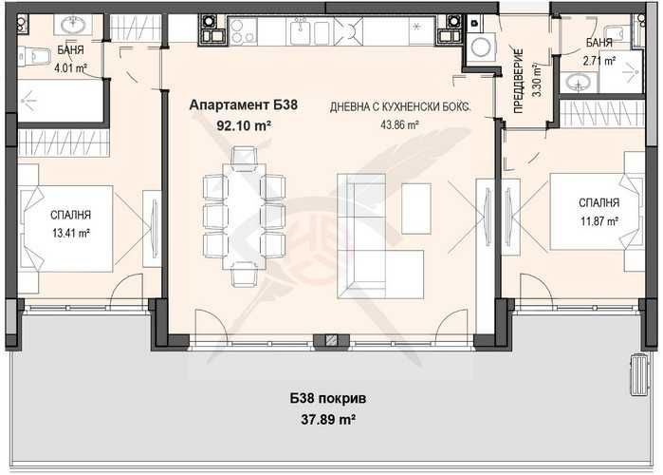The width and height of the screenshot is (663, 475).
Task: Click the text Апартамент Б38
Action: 244,106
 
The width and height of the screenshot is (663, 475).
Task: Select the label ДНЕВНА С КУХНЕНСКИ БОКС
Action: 399,106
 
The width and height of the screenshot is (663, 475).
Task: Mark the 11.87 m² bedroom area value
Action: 599,220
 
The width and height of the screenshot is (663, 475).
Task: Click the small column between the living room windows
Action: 331,339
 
